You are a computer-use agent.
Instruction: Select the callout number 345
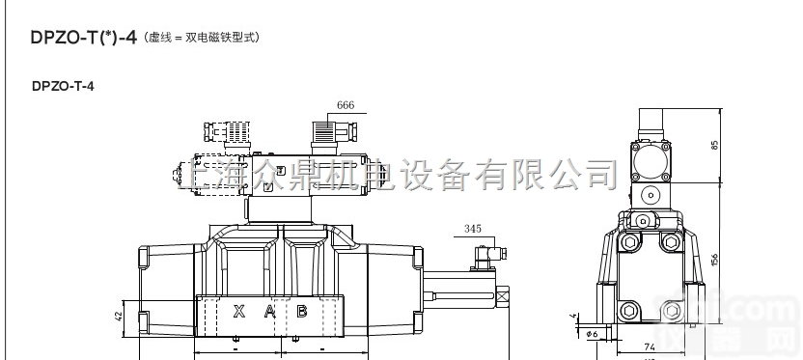[x=472, y=230]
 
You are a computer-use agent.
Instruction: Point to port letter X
[x=238, y=311]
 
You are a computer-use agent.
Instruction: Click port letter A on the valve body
[x=270, y=311]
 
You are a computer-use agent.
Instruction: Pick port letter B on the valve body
[x=301, y=311]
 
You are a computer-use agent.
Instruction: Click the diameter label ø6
[x=595, y=334]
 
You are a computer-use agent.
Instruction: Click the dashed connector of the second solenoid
[x=228, y=130]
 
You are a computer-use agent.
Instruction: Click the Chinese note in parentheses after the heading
[x=202, y=40]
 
